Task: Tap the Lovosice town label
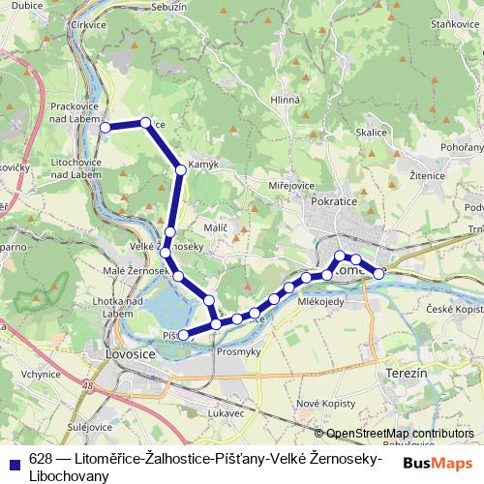(x=128, y=354)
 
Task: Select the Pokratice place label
(x=335, y=204)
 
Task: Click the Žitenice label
(x=427, y=176)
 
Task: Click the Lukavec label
(x=225, y=412)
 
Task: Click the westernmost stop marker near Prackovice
(x=106, y=127)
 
